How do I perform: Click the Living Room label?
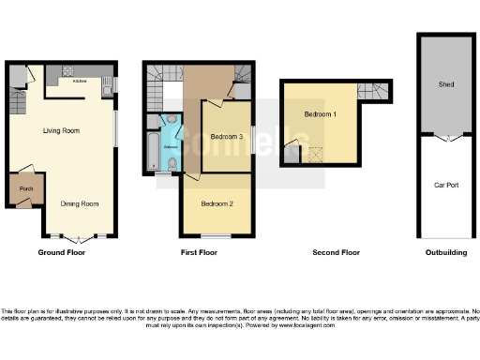[59, 131]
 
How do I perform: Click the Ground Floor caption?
[62, 252]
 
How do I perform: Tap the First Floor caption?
[199, 252]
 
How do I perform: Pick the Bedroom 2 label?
[217, 202]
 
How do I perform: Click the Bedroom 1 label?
[320, 114]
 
